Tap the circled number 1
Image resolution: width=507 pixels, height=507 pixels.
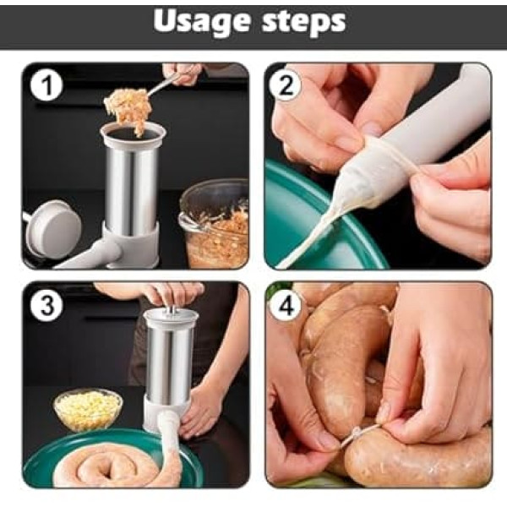click(47, 85)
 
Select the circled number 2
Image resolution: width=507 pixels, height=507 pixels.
click(286, 85)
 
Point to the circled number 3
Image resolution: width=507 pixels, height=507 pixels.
click(47, 305)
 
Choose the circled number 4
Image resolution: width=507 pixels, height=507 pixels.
click(286, 305)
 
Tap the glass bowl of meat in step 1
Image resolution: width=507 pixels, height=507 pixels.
click(214, 223)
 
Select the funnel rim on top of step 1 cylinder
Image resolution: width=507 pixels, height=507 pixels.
click(133, 134)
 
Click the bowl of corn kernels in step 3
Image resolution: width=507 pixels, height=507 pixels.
click(88, 410)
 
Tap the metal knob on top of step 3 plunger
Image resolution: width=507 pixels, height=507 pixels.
click(172, 310)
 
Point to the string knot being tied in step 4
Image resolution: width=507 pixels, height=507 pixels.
click(357, 432)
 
